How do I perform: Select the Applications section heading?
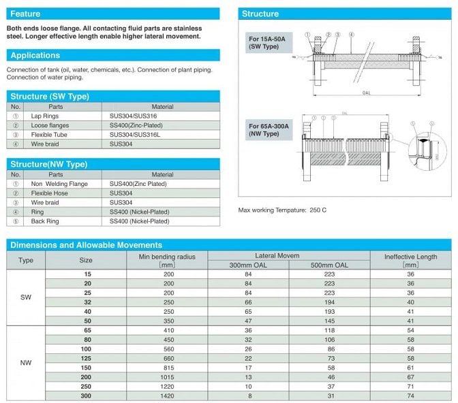35,55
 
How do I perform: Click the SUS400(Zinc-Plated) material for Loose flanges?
140,125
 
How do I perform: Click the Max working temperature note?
282,210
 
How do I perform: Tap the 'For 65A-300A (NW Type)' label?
268,130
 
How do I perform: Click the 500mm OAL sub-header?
330,265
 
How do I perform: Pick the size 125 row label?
86,357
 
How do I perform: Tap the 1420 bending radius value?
166,396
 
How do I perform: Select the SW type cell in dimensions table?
26,297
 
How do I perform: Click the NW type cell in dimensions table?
26,362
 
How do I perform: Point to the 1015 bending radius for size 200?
166,376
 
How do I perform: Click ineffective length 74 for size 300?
410,396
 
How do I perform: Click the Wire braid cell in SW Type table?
46,144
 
